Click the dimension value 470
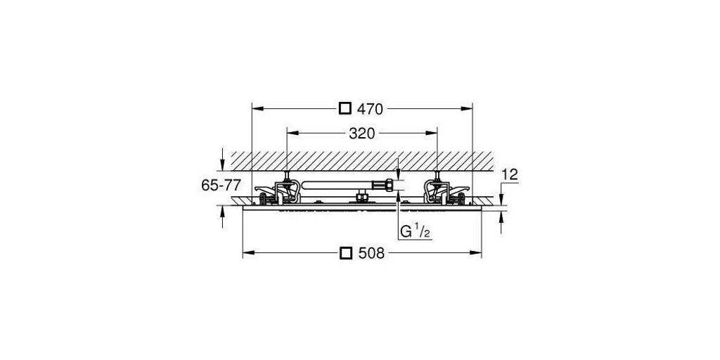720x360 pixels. pos(370,109)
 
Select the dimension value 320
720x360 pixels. pos(362,133)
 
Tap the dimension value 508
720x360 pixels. pos(371,253)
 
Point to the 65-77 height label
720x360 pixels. pos(221,185)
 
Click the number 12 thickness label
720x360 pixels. pos(510,174)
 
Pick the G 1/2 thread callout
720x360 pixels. pos(415,232)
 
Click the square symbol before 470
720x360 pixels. pos(345,109)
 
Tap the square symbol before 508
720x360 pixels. pos(346,253)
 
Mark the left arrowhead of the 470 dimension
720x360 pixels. pos(257,109)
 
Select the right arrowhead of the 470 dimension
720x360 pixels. pos(467,109)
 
